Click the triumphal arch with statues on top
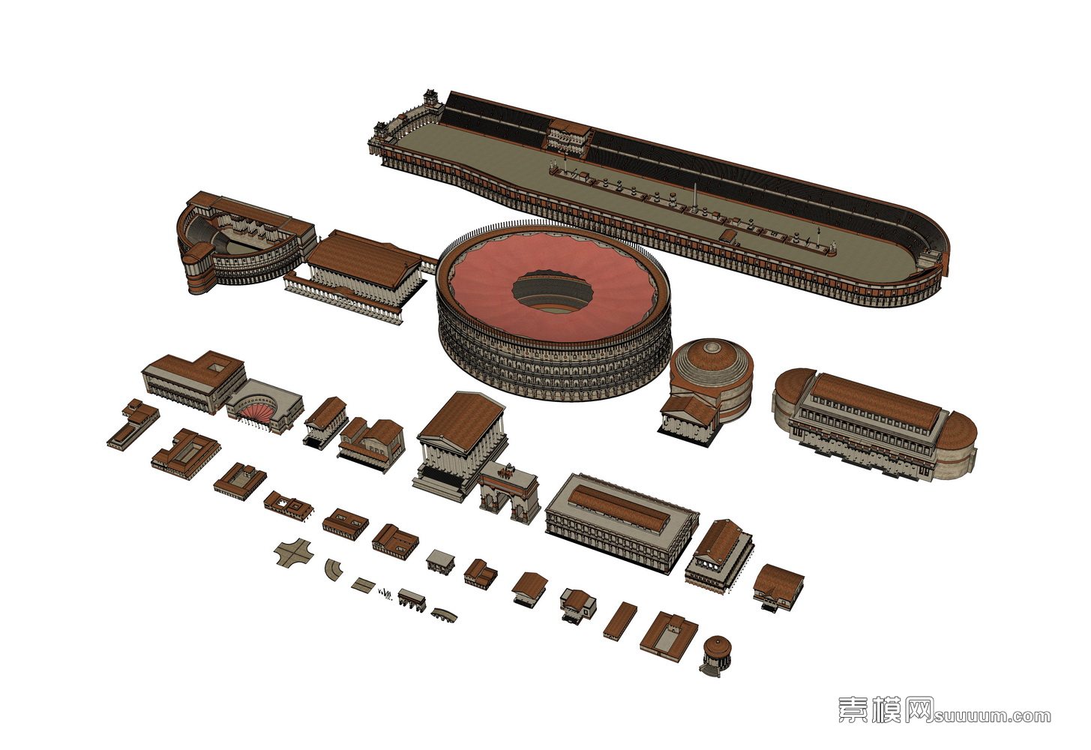[510, 491]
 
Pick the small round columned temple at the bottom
[717, 654]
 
